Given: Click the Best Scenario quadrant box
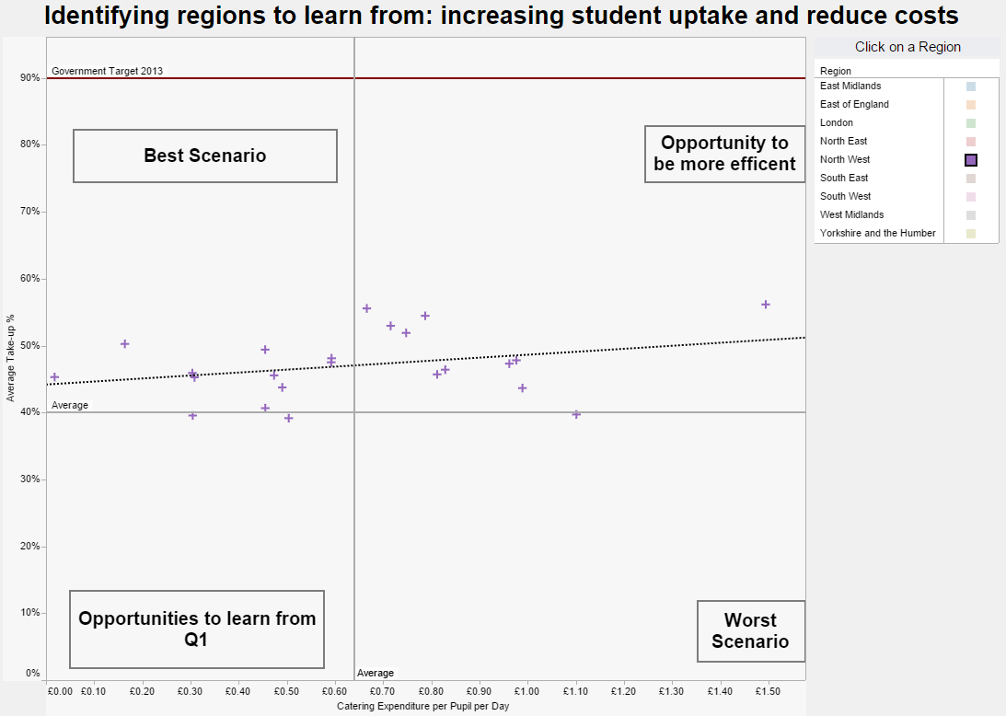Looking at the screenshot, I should pos(205,156).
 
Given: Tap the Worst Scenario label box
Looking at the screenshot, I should pos(750,630).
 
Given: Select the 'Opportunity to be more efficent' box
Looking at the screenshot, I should pos(724,154).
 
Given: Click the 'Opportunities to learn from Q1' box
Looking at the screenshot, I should pos(197,629).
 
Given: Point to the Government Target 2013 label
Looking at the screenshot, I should pos(107,71).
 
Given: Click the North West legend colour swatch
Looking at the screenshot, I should pos(970,160).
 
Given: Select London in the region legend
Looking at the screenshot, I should pos(837,122).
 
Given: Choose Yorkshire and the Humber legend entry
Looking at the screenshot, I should pos(877,233).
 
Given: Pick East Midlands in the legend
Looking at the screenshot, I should pos(850,86).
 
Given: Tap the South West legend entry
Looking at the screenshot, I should pos(845,196).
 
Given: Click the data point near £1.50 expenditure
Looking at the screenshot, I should pos(765,305).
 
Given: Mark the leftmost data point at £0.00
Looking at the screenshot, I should pos(54,377).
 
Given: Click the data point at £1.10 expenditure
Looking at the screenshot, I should pos(576,414).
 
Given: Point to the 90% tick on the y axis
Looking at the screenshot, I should pos(30,78).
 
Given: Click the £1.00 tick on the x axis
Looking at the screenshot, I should pos(526,690).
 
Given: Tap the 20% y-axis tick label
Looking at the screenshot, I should pos(30,547).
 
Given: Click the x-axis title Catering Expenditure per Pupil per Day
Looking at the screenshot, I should pos(422,707).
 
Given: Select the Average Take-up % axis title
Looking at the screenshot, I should pos(11,358).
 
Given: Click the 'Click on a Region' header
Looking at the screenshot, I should pos(907,47).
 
